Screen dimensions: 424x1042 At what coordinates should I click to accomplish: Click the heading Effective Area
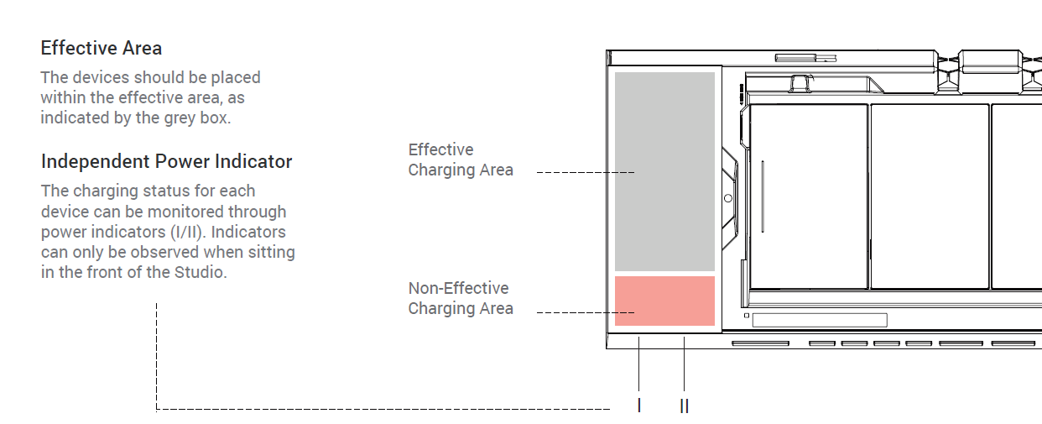101,48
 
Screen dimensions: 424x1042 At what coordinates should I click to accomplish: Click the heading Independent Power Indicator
166,161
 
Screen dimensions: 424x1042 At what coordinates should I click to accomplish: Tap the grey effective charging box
664,171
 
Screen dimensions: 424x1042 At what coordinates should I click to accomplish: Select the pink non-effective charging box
664,301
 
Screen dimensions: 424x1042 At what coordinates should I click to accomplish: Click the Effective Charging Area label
460,160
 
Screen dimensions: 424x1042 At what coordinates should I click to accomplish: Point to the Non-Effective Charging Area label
460,298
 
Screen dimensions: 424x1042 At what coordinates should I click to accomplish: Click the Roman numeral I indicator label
639,406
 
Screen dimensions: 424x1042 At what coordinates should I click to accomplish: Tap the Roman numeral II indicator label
685,406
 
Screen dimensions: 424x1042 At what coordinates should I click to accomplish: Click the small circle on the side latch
727,198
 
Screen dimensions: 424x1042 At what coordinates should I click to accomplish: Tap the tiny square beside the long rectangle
746,316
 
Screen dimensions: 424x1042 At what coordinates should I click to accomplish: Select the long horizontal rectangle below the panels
819,320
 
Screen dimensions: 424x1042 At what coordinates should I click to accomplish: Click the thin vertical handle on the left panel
763,197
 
